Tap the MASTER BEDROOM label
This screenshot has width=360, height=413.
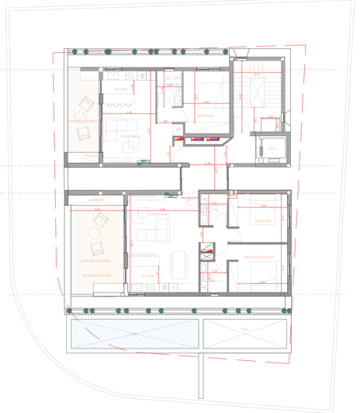point(258,257)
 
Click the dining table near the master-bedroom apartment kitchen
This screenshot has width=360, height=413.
point(180,263)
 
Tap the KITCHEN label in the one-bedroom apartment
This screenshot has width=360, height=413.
point(121,90)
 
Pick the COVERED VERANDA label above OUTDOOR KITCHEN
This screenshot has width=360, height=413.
point(93,262)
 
